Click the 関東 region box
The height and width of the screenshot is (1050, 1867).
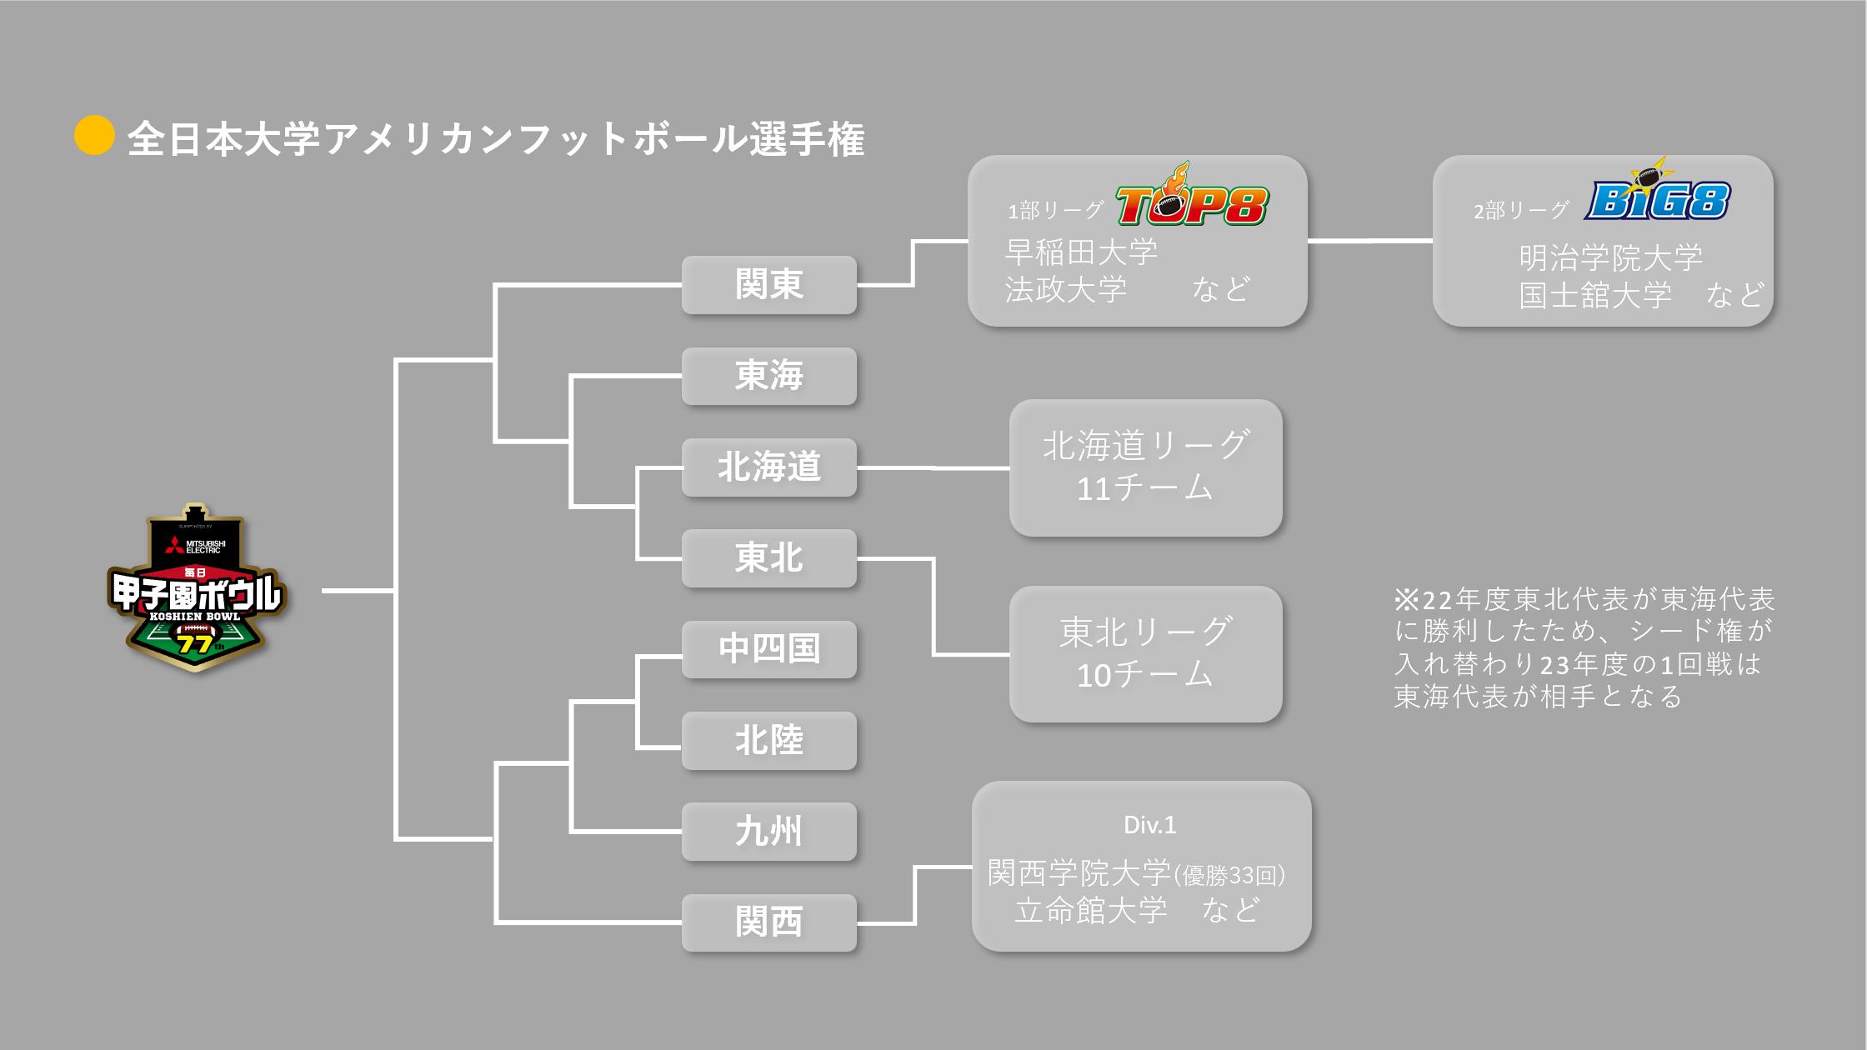point(768,284)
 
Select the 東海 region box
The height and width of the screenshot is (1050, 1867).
point(768,376)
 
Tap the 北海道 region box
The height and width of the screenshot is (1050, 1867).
point(768,467)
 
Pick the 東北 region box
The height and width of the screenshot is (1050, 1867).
point(768,558)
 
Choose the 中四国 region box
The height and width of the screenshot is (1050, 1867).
point(768,649)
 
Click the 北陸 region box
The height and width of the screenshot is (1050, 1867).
point(768,740)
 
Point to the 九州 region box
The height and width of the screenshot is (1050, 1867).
point(768,832)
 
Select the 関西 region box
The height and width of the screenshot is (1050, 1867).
point(768,922)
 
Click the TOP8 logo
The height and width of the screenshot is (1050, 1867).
point(1192,200)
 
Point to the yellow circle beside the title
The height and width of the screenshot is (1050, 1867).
point(94,135)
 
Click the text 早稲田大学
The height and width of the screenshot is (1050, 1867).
point(1081,252)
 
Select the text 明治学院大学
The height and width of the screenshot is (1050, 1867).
point(1610,257)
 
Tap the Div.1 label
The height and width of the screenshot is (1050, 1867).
point(1149,825)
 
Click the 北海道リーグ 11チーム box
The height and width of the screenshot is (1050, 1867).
point(1145,467)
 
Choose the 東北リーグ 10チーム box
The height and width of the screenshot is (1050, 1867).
point(1145,654)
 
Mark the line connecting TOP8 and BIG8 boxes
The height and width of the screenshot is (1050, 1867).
point(1369,241)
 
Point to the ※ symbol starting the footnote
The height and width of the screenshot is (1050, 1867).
point(1406,599)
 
